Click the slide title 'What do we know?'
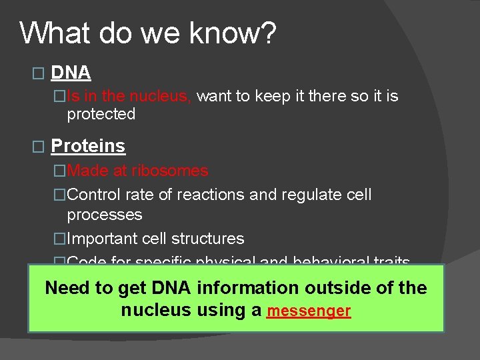(147, 33)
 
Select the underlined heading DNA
(71, 72)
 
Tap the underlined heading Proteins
(88, 145)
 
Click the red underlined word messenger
(308, 311)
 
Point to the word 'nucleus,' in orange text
(161, 97)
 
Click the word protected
(101, 114)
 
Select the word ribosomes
(170, 171)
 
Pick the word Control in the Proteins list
(93, 195)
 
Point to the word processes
(105, 215)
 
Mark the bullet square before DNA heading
(37, 73)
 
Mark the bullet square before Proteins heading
(37, 146)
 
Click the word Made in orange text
(87, 171)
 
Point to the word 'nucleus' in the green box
(153, 311)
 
